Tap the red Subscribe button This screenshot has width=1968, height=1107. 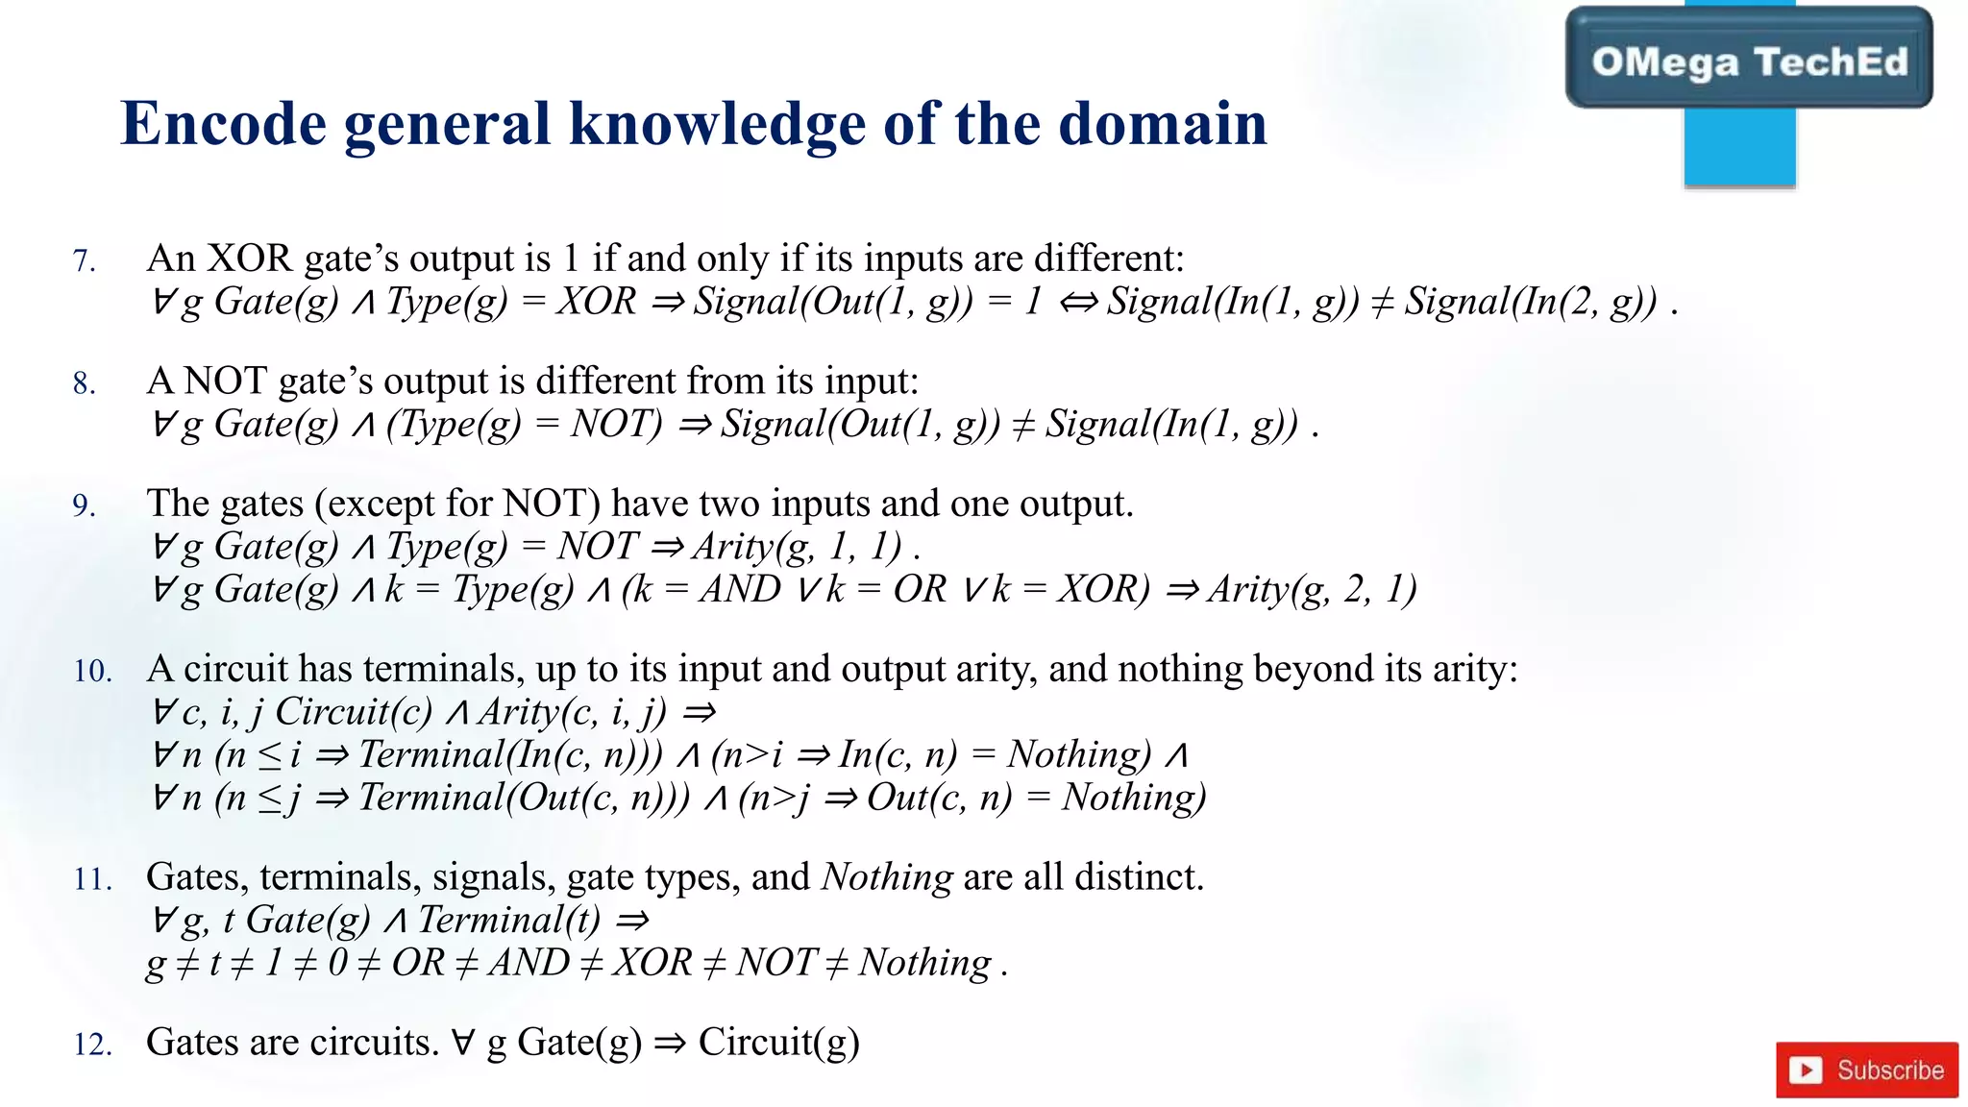click(x=1866, y=1070)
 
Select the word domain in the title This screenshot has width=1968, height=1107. click(x=1162, y=125)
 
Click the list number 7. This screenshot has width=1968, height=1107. click(x=85, y=261)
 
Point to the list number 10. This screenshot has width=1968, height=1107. click(x=92, y=672)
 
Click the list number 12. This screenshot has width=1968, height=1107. click(x=92, y=1045)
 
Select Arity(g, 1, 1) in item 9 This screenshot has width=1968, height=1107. click(x=798, y=547)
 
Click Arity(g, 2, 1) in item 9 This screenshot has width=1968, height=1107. click(x=1312, y=589)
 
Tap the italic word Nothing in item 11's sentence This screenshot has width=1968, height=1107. click(x=887, y=877)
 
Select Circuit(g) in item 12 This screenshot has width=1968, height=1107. click(x=778, y=1043)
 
